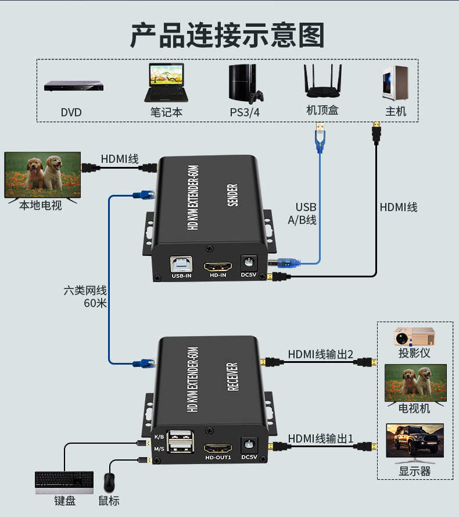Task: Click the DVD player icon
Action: tap(73, 85)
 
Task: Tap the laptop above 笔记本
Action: tap(166, 83)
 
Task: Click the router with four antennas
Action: tap(322, 81)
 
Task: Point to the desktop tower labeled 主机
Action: tap(395, 83)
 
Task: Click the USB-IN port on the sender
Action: tap(181, 265)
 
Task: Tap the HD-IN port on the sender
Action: tap(218, 266)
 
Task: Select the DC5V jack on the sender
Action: tap(249, 263)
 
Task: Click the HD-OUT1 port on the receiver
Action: tap(218, 448)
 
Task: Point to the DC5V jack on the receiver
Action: tap(249, 445)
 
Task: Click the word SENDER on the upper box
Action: tap(232, 195)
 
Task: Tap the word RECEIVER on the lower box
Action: tap(232, 377)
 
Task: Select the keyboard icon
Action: tap(64, 482)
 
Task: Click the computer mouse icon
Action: tap(109, 483)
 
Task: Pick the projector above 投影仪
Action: tap(414, 336)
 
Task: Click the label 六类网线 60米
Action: tap(85, 297)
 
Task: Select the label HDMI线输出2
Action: tap(320, 354)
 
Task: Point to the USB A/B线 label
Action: tap(302, 213)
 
